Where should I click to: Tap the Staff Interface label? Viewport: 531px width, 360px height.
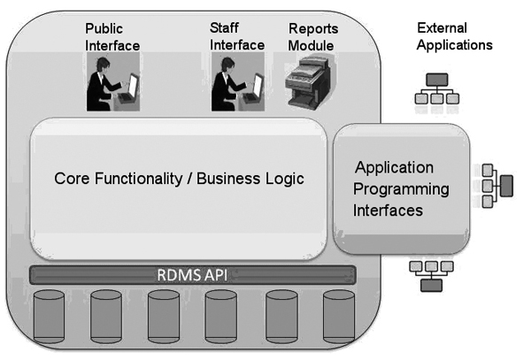[237, 36]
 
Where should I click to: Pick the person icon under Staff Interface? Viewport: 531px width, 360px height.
[237, 83]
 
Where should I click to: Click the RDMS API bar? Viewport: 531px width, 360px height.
[194, 273]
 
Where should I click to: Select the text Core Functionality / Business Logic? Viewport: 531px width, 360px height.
[180, 178]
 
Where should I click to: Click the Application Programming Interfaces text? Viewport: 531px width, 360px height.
[402, 188]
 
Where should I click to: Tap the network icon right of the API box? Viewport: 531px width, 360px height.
[495, 185]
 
